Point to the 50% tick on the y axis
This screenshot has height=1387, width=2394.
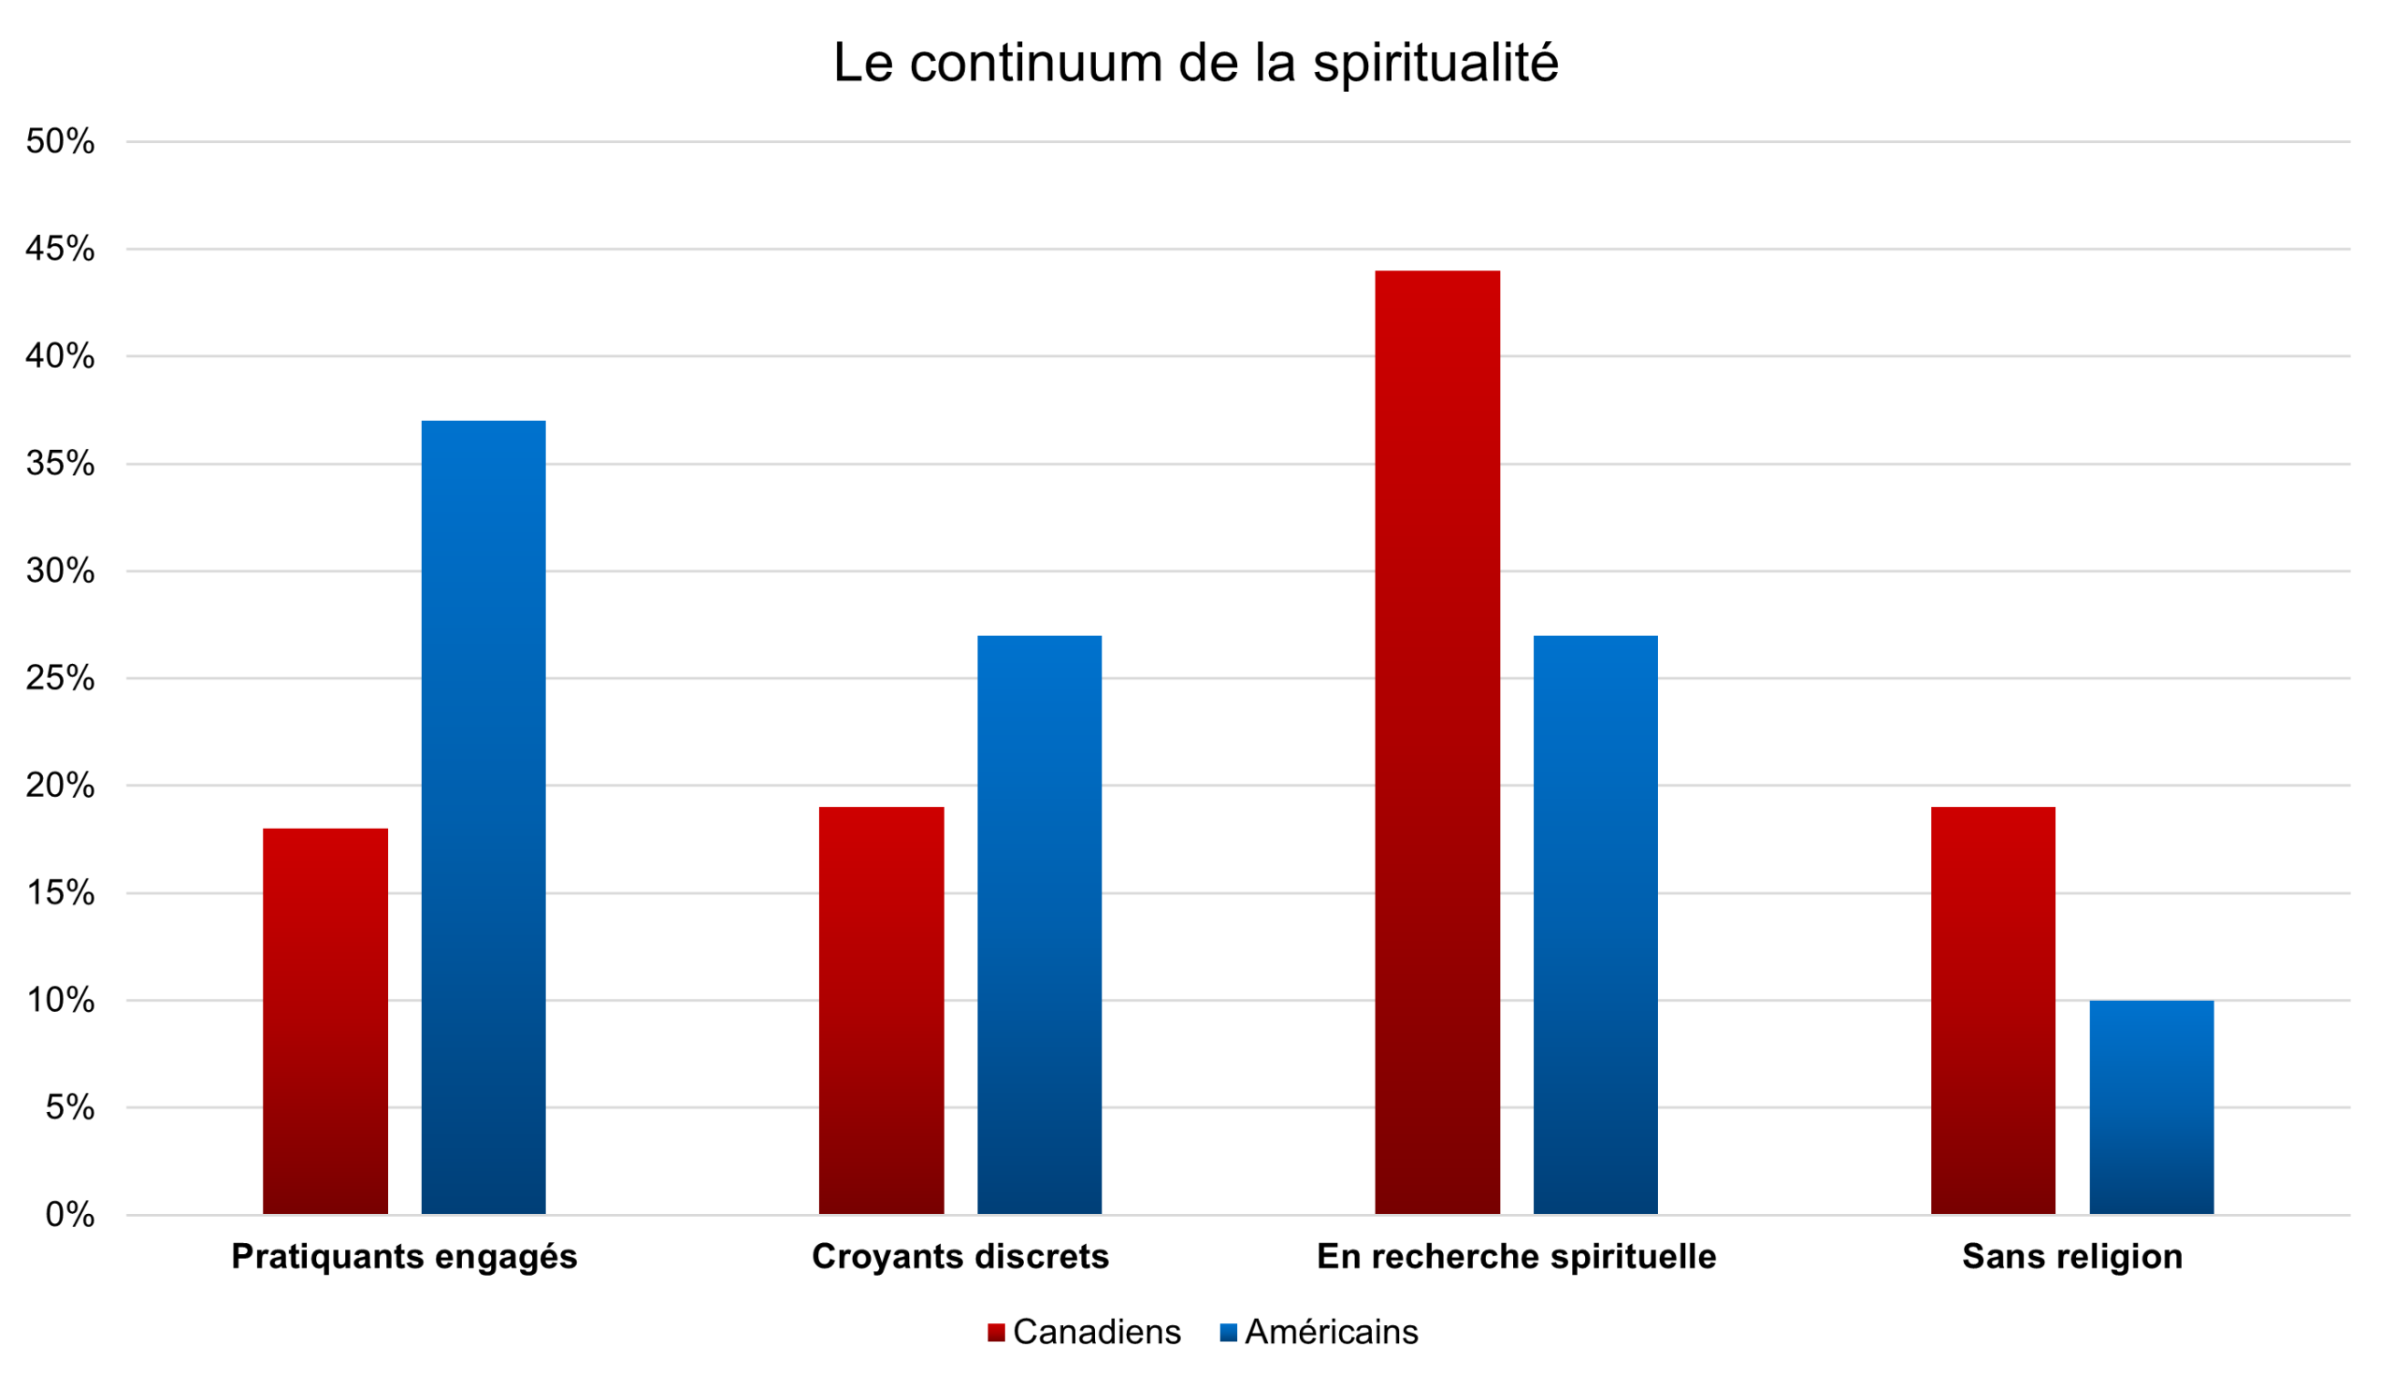click(60, 141)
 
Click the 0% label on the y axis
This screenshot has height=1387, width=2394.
click(69, 1214)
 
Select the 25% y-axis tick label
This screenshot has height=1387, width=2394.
click(60, 678)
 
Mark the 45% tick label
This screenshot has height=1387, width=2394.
click(60, 249)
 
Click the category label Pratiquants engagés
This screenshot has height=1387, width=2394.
click(404, 1257)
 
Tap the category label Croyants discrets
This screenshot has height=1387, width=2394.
click(959, 1257)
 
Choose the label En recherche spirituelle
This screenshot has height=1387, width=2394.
click(1516, 1257)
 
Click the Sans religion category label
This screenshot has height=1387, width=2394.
click(2072, 1257)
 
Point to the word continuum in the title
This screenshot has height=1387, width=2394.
click(1035, 63)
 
